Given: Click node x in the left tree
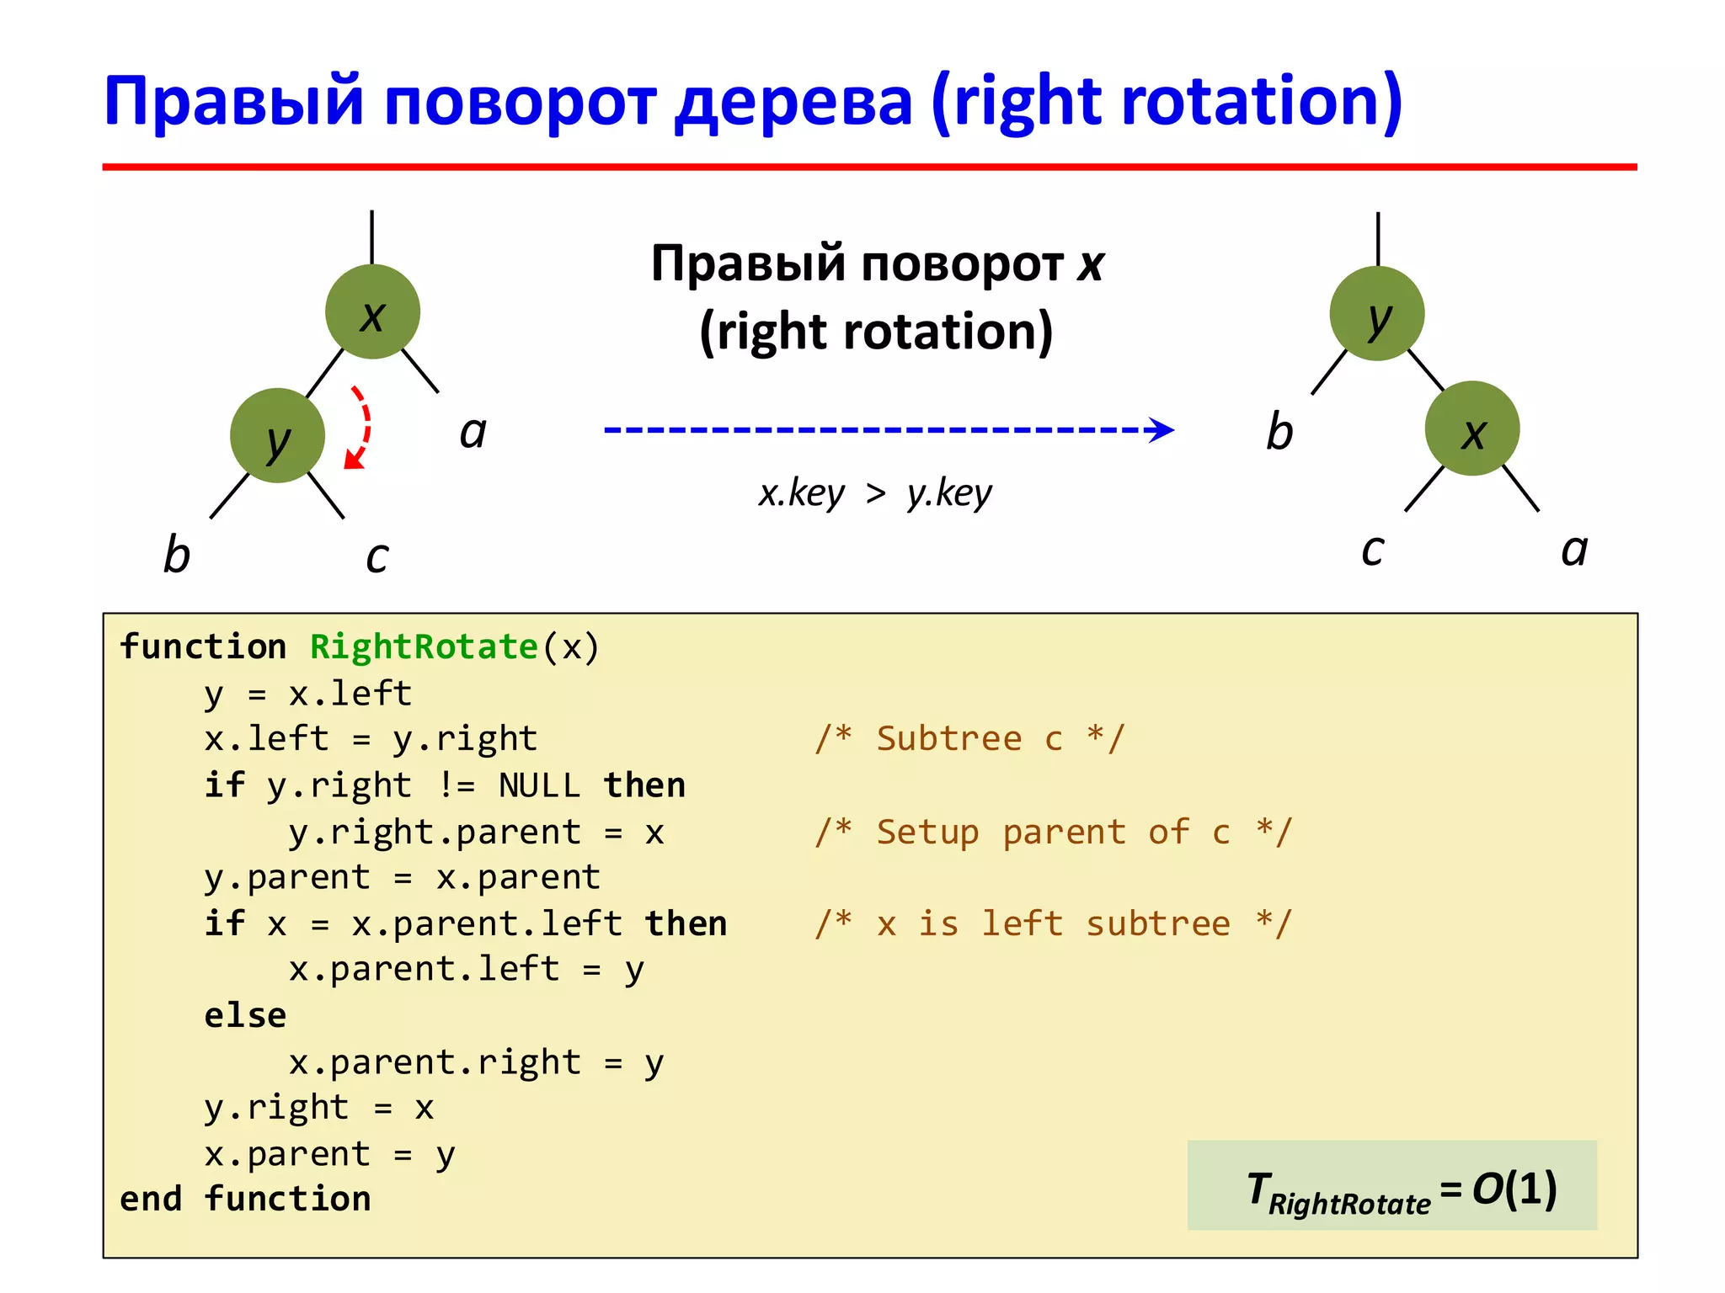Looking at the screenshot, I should pyautogui.click(x=372, y=312).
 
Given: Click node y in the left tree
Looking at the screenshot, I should pyautogui.click(x=277, y=436).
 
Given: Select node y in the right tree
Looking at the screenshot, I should pyautogui.click(x=1376, y=314).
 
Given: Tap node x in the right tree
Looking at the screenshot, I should pyautogui.click(x=1471, y=429).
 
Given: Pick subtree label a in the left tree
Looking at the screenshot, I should pyautogui.click(x=473, y=433).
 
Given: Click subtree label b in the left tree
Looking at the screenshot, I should pyautogui.click(x=176, y=555).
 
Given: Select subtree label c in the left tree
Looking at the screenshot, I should pyautogui.click(x=377, y=556).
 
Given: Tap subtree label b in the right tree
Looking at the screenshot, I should pyautogui.click(x=1279, y=432).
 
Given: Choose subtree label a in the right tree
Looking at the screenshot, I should pyautogui.click(x=1573, y=550).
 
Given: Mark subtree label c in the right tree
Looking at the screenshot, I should pyautogui.click(x=1372, y=550).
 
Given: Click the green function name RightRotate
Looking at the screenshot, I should pyautogui.click(x=424, y=646).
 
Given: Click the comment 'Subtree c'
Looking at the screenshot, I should pyautogui.click(x=969, y=739).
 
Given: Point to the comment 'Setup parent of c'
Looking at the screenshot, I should pyautogui.click(x=1053, y=832).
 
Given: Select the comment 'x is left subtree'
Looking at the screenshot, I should pyautogui.click(x=1053, y=923).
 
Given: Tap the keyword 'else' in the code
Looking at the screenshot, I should pyautogui.click(x=245, y=1016).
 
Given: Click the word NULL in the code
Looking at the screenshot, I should pyautogui.click(x=539, y=785).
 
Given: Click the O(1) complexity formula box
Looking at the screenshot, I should pyautogui.click(x=1391, y=1186).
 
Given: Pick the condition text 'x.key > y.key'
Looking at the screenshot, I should pyautogui.click(x=875, y=493).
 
